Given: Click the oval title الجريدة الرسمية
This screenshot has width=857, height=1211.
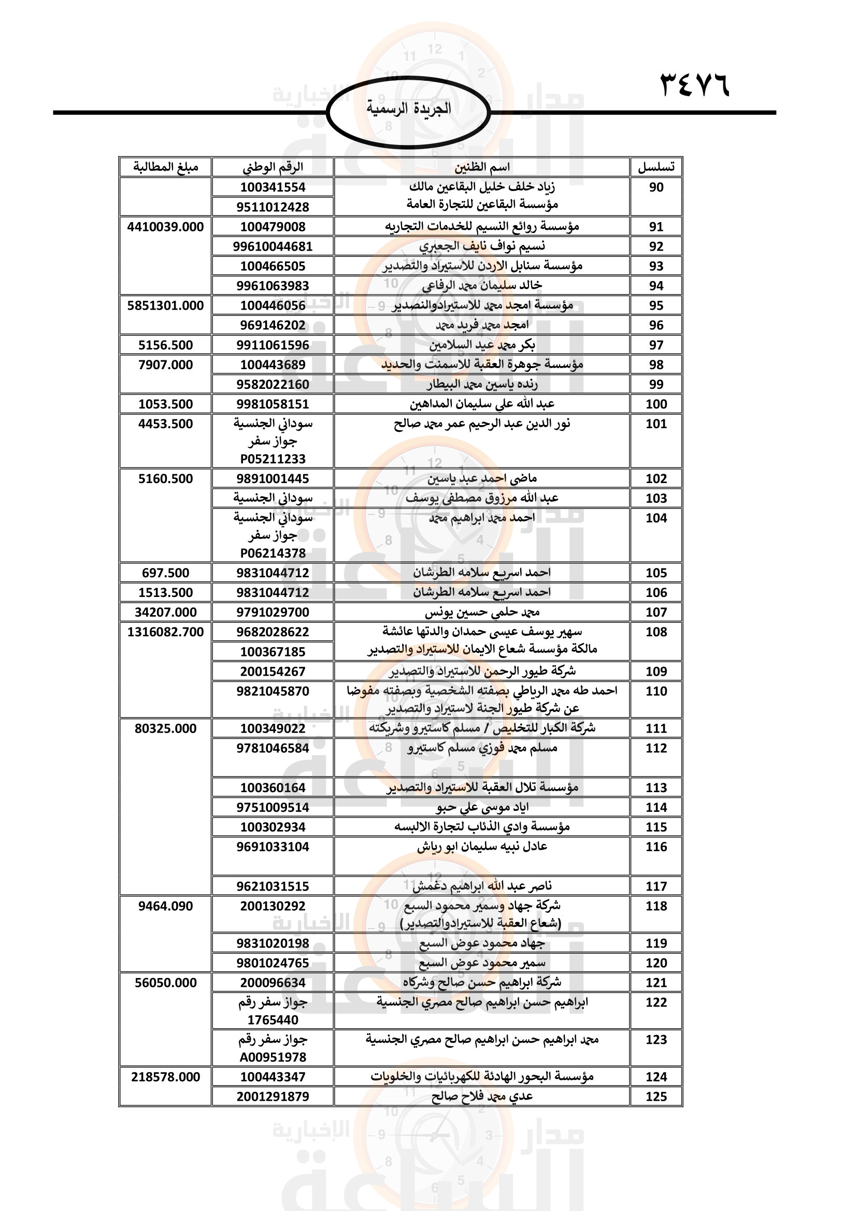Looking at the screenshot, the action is (409, 109).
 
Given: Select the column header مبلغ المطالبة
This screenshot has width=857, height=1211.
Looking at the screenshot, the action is (165, 167).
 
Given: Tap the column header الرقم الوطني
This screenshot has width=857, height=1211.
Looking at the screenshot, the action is (273, 167).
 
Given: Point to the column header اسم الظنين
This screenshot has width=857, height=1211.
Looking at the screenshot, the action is (482, 167).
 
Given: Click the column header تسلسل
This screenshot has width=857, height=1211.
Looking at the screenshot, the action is (656, 167).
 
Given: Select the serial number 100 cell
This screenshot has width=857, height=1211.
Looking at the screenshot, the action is (656, 404).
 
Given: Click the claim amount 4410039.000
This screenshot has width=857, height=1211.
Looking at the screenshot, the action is (165, 227).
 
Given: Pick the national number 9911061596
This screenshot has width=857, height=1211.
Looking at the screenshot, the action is (273, 345).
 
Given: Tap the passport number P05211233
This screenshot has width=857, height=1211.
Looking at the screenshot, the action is (273, 459).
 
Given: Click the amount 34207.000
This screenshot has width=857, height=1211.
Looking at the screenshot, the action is (165, 612).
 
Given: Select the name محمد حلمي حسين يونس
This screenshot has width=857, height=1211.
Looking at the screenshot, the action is (482, 612).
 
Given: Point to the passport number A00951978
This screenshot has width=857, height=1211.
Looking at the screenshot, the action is (273, 1057).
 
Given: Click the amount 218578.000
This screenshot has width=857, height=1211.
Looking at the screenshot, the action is (165, 1076).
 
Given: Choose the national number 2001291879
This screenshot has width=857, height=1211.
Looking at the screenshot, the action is (273, 1097).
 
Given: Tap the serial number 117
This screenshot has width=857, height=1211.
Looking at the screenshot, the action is (656, 886).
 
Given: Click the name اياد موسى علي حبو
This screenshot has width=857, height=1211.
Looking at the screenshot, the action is (482, 807).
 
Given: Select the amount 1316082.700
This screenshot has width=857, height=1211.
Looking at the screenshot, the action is (165, 632).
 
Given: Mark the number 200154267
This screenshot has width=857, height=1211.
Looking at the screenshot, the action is (273, 672).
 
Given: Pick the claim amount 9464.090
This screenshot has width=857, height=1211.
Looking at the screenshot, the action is (165, 906).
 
